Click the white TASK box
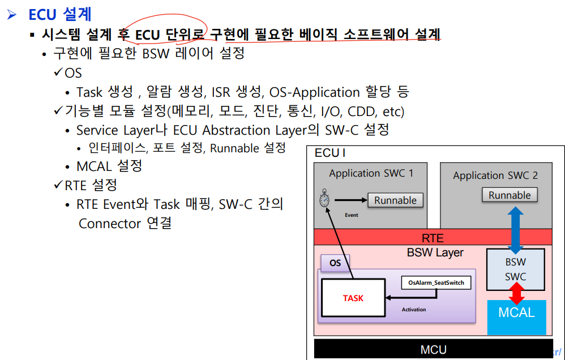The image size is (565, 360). (353, 298)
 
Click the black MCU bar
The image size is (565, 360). (434, 349)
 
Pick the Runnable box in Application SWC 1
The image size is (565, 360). (395, 200)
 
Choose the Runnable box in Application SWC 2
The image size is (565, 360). (510, 195)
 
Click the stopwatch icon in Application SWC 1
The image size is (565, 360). (324, 200)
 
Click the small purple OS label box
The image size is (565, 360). (335, 263)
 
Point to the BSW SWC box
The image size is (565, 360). (515, 269)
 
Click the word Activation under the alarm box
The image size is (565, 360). (414, 310)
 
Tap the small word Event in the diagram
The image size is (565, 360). (351, 215)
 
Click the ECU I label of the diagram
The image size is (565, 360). (330, 153)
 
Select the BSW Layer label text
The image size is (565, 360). (435, 252)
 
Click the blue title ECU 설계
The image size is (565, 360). (59, 13)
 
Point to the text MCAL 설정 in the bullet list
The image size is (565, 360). (109, 166)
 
